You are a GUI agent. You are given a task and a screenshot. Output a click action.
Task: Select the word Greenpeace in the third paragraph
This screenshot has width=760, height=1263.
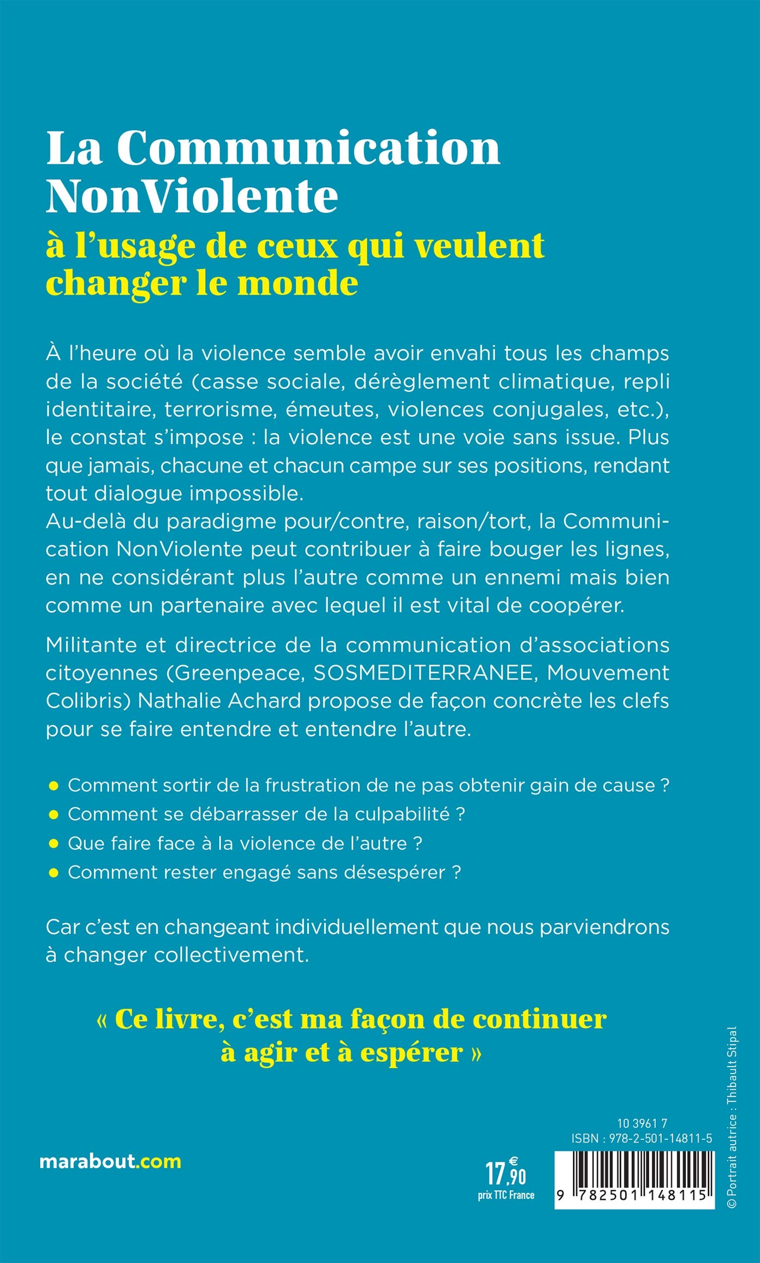(238, 673)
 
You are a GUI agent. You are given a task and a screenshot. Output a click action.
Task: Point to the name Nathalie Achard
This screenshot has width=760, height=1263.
(219, 701)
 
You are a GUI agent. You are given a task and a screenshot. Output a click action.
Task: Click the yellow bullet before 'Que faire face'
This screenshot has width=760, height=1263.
(53, 843)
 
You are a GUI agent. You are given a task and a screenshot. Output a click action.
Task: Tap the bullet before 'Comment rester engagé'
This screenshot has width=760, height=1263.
(53, 873)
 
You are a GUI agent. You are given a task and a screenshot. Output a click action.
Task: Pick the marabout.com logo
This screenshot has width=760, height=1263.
(110, 1162)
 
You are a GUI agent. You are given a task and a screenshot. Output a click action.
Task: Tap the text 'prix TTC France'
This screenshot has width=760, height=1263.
(506, 1195)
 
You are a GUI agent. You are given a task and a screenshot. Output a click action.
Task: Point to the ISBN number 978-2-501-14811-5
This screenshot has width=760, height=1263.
(660, 1139)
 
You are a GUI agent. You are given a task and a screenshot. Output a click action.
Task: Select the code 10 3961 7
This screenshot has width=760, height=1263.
(642, 1124)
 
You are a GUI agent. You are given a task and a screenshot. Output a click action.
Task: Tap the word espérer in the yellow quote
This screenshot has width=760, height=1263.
(411, 1053)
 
